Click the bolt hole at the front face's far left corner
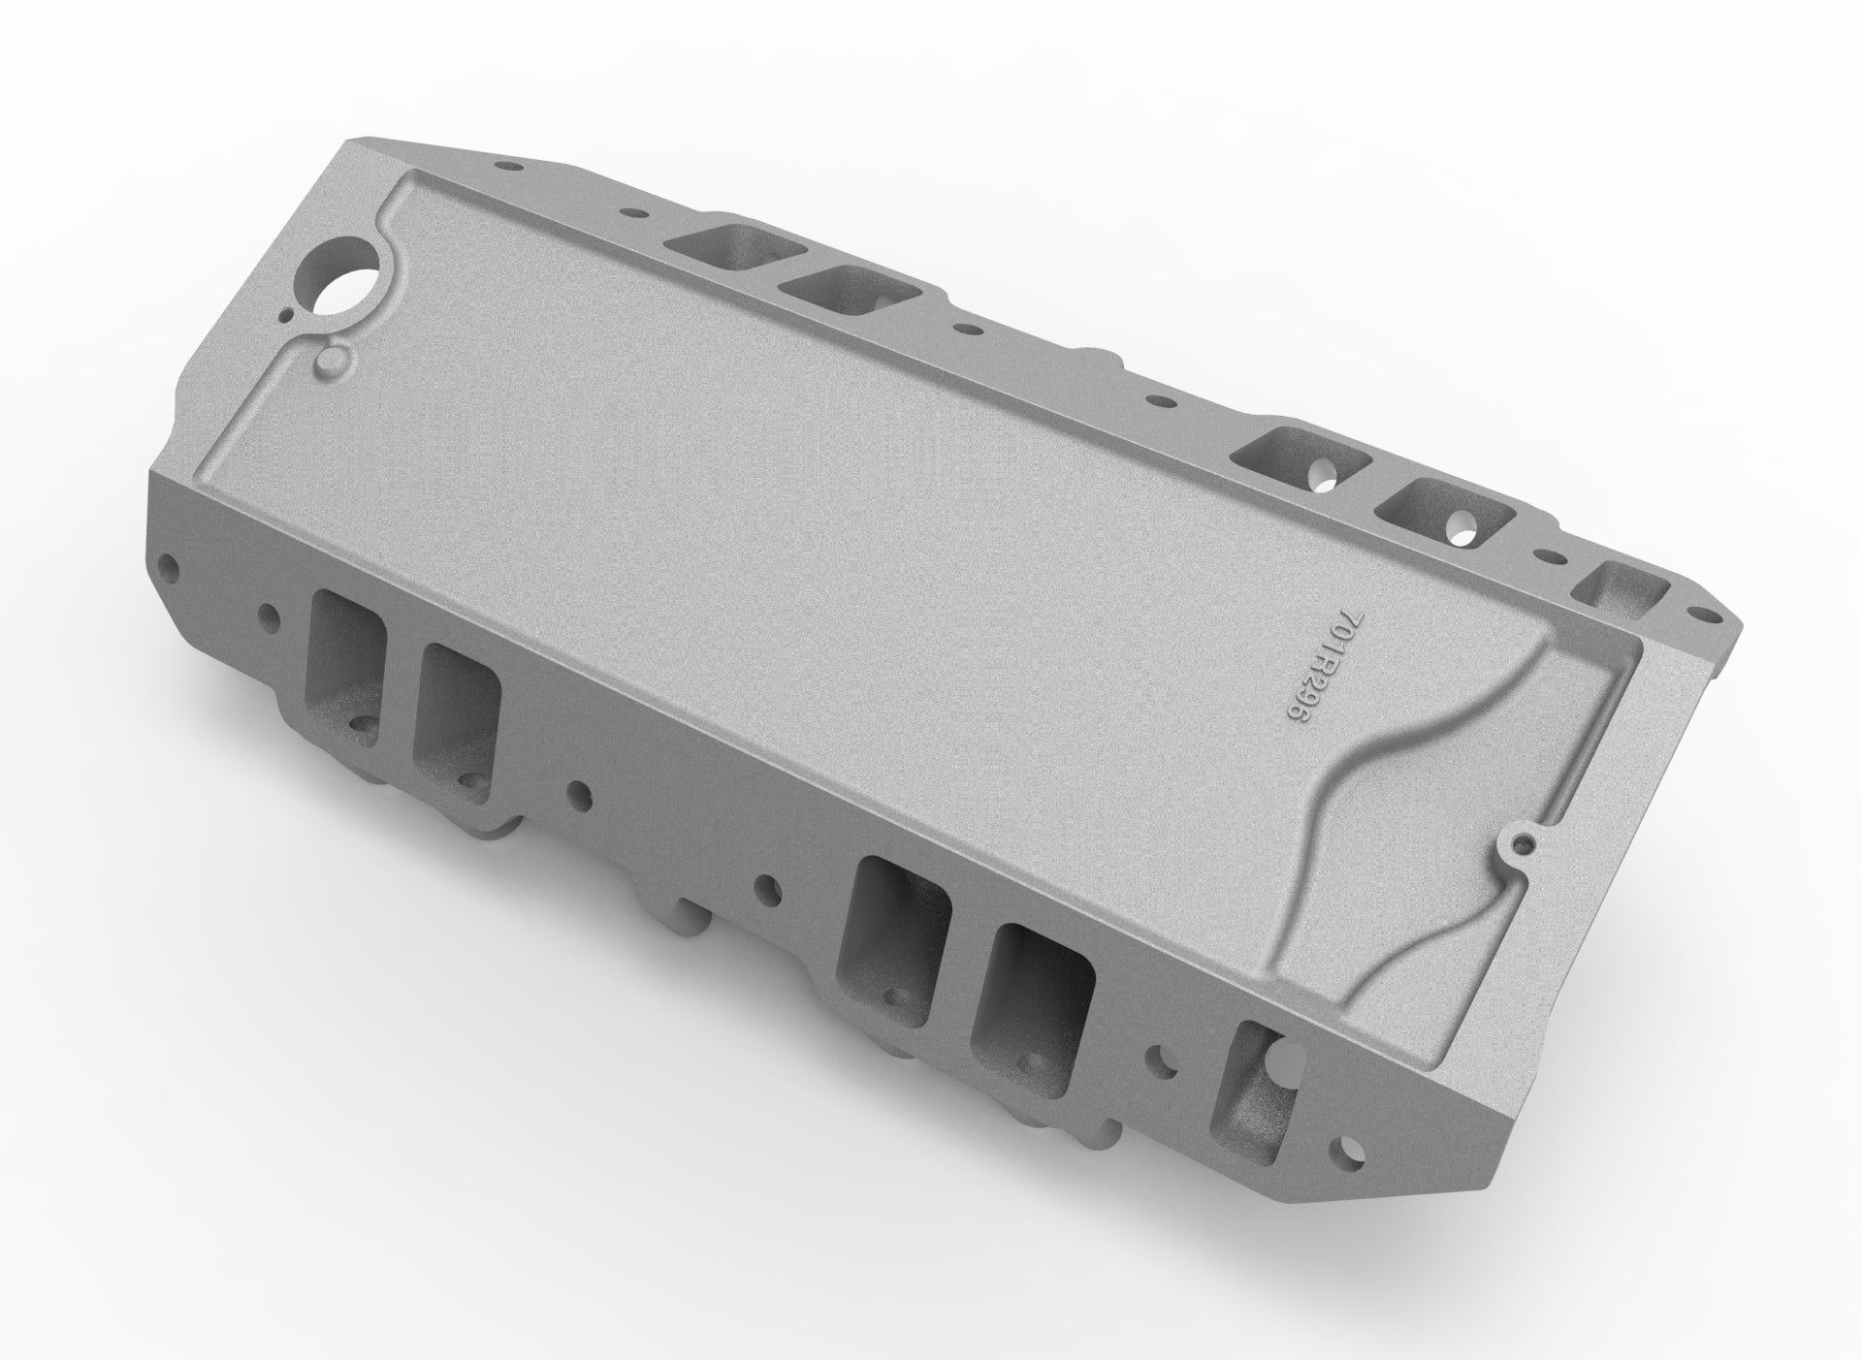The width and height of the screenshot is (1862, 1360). (x=172, y=561)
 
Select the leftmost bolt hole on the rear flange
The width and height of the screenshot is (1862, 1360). (x=501, y=166)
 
